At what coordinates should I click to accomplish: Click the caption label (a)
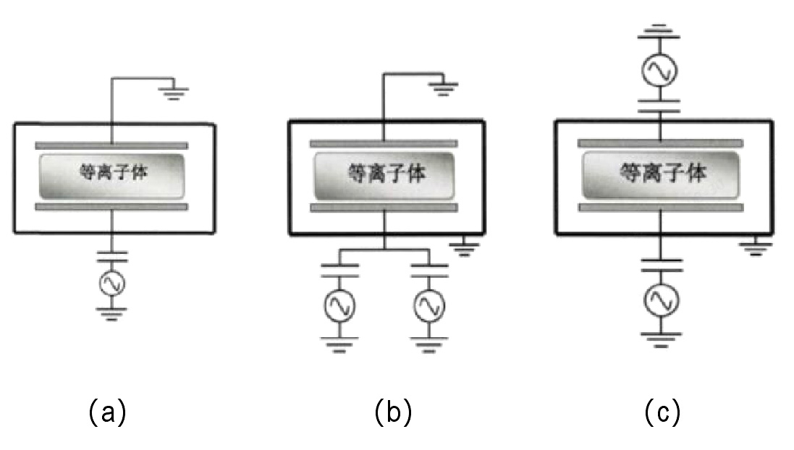[107, 412]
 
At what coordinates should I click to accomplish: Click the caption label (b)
[393, 412]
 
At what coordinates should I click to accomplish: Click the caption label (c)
[662, 412]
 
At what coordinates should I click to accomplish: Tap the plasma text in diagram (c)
[662, 173]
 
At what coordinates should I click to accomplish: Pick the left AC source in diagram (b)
[339, 307]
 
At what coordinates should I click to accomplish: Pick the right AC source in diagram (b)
[429, 307]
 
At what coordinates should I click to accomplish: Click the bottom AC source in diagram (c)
[662, 299]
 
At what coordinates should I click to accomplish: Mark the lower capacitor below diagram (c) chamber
[662, 263]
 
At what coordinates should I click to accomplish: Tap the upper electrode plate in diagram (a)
[111, 145]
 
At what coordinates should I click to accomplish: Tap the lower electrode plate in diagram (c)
[662, 208]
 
